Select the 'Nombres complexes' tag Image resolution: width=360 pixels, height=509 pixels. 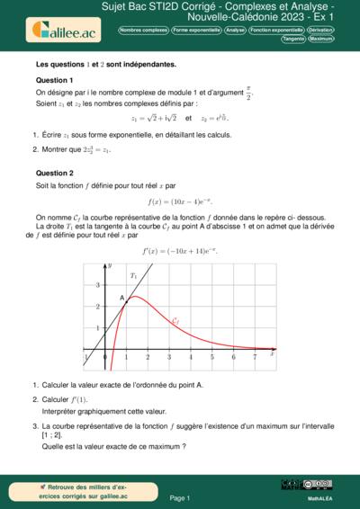(143, 30)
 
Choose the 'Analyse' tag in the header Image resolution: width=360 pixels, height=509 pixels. (236, 30)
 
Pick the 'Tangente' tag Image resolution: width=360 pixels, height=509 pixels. (292, 40)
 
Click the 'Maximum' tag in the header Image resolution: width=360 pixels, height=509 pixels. (321, 40)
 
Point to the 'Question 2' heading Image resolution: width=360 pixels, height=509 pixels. (54, 173)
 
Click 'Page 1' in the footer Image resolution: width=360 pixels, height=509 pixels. (180, 497)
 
